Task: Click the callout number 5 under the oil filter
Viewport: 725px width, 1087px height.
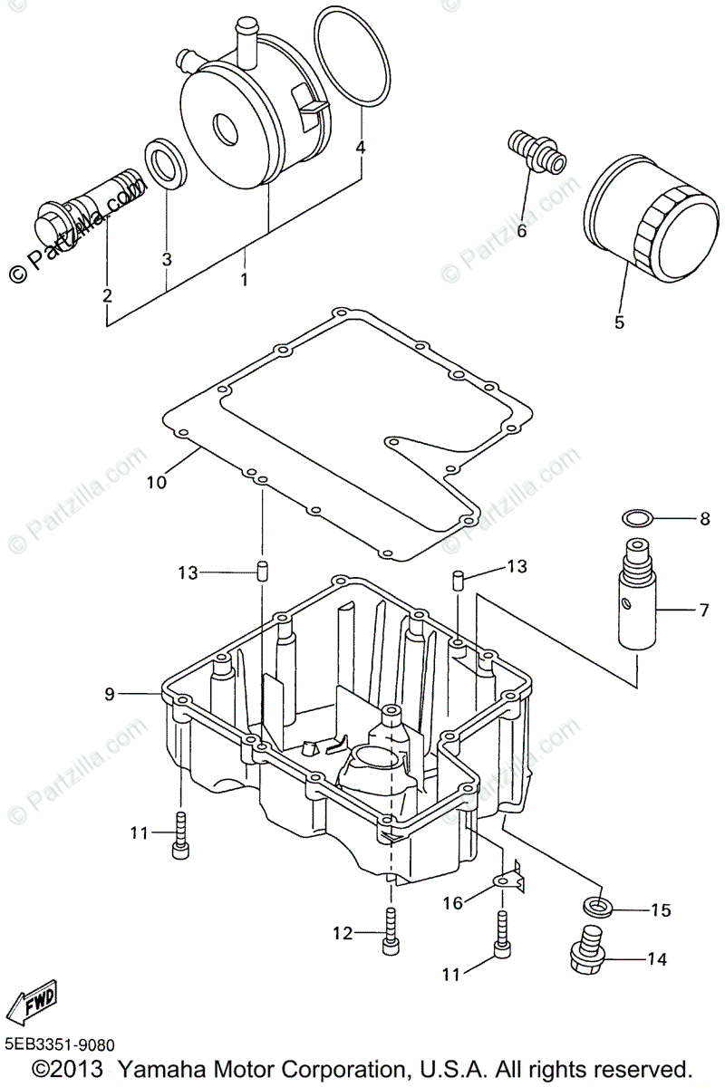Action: pyautogui.click(x=619, y=322)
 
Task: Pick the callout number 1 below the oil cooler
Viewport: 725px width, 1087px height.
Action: pyautogui.click(x=244, y=279)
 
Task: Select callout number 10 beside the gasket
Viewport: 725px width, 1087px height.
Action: pyautogui.click(x=156, y=483)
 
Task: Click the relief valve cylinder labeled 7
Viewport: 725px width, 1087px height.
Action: pyautogui.click(x=640, y=607)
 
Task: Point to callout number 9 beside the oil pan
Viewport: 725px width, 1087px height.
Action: pyautogui.click(x=110, y=695)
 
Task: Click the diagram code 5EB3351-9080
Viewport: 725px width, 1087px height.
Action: pyautogui.click(x=60, y=1045)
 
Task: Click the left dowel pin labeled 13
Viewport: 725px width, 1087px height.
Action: pyautogui.click(x=261, y=572)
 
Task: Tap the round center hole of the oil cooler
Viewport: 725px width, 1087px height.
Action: pyautogui.click(x=223, y=128)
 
